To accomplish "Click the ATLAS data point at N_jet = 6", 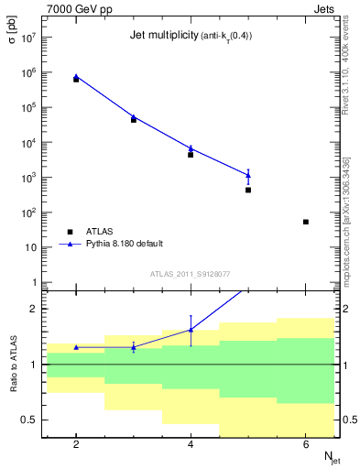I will pyautogui.click(x=306, y=222).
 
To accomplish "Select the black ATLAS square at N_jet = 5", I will pyautogui.click(x=248, y=190).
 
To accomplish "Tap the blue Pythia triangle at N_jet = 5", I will pyautogui.click(x=248, y=174).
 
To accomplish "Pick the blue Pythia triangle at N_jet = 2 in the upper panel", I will pyautogui.click(x=76, y=77).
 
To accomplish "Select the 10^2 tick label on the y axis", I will pyautogui.click(x=27, y=213).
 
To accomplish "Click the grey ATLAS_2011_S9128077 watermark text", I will pyautogui.click(x=191, y=273).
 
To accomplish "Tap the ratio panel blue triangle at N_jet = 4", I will pyautogui.click(x=191, y=330).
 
